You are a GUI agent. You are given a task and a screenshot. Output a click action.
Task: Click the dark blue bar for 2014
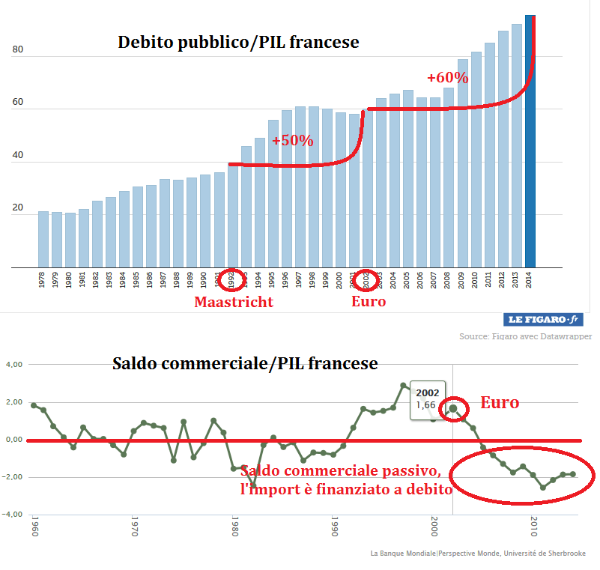[x=530, y=142]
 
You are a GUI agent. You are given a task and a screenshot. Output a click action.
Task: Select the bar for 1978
[x=43, y=239]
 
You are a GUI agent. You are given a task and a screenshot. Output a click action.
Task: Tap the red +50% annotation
[x=292, y=141]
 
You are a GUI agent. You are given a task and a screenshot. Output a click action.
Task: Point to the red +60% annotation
[x=447, y=78]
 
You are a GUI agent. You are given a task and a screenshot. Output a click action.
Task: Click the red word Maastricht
[x=234, y=303]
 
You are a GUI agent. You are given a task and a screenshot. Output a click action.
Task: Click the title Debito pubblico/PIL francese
[x=238, y=43]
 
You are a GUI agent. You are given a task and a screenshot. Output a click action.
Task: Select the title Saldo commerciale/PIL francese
[x=245, y=364]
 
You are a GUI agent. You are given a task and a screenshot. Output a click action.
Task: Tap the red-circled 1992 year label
[x=231, y=280]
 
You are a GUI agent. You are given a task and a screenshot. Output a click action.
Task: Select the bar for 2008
[x=449, y=178]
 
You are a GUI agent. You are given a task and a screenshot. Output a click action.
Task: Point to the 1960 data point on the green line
[x=34, y=405]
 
